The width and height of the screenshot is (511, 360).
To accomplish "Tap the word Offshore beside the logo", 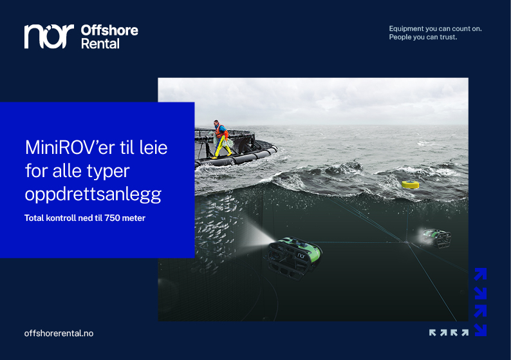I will pyautogui.click(x=109, y=30).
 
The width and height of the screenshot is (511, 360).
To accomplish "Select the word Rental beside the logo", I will pyautogui.click(x=100, y=44).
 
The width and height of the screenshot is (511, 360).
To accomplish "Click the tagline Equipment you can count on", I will pyautogui.click(x=435, y=28).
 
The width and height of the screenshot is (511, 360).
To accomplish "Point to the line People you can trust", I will pyautogui.click(x=423, y=37).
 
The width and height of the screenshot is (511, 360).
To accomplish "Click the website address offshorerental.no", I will pyautogui.click(x=59, y=333).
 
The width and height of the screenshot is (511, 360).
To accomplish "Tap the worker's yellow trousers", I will pyautogui.click(x=223, y=149).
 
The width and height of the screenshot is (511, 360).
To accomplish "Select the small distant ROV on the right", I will pyautogui.click(x=436, y=236).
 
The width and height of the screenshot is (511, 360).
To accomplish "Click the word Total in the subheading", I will pyautogui.click(x=35, y=218).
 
